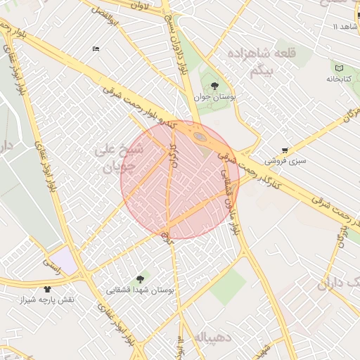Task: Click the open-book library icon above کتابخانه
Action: [x=340, y=68]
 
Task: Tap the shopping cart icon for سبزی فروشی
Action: [x=284, y=150]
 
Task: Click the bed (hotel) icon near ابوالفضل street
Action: [x=96, y=49]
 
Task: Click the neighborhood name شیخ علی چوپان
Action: [x=117, y=158]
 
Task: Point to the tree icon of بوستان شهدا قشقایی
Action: [x=139, y=278]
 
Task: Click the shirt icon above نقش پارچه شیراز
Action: [x=48, y=288]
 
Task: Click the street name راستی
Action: [x=52, y=264]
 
